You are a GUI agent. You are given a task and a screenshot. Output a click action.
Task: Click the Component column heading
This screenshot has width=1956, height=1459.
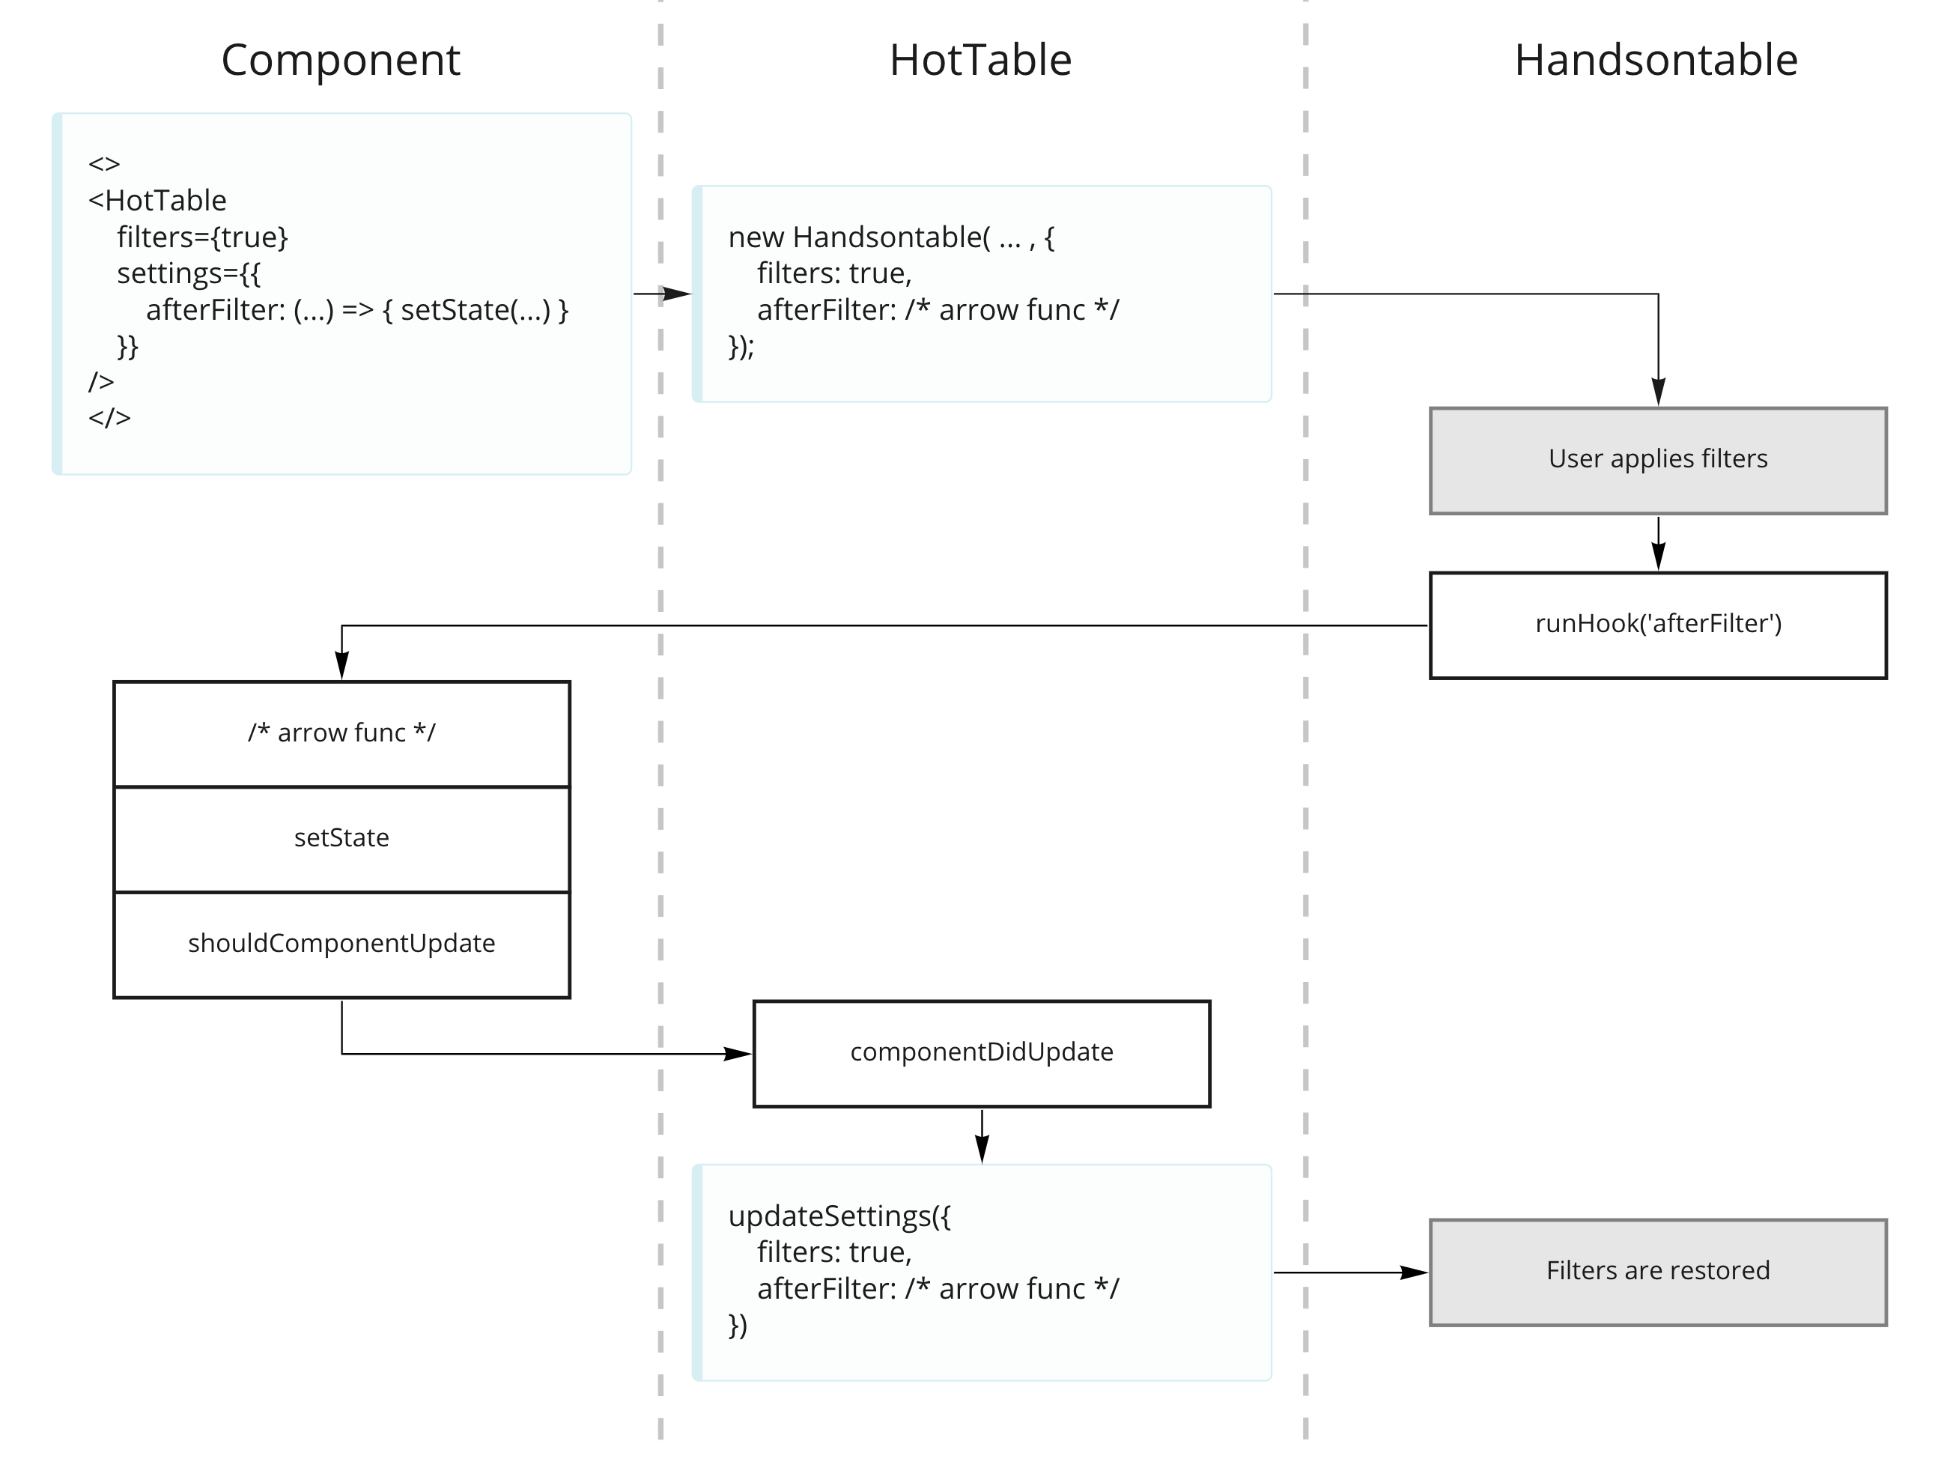tap(340, 60)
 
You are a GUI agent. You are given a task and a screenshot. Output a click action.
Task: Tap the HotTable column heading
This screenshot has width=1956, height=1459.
tap(979, 60)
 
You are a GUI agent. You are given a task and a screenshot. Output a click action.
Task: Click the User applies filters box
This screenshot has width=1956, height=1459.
tap(1656, 460)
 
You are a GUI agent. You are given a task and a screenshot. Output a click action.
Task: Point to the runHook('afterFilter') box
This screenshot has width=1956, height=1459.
tap(1656, 625)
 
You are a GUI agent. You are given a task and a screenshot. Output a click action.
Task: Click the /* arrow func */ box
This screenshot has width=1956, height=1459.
tap(341, 733)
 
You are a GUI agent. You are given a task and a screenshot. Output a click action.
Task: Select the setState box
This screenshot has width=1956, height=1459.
tap(341, 838)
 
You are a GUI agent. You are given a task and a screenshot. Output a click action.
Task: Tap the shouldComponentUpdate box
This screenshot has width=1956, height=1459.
tap(341, 943)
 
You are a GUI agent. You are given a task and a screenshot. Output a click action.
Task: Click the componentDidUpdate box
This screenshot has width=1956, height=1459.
tap(980, 1053)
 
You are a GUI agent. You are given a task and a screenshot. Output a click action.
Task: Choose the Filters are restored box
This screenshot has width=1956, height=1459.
tap(1656, 1271)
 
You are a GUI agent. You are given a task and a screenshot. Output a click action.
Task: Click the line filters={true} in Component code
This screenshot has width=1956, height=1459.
tap(202, 237)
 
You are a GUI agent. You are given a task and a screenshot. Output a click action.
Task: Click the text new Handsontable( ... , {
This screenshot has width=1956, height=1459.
tap(890, 237)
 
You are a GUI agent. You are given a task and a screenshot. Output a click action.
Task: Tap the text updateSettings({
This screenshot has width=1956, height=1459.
tap(838, 1216)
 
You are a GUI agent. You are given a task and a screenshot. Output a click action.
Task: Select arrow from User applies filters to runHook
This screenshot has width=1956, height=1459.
tap(1657, 543)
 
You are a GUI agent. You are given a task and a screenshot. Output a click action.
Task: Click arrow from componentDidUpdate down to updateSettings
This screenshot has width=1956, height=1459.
tap(981, 1137)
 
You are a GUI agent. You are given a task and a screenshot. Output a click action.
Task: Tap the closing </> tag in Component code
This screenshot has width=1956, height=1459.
tap(109, 418)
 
